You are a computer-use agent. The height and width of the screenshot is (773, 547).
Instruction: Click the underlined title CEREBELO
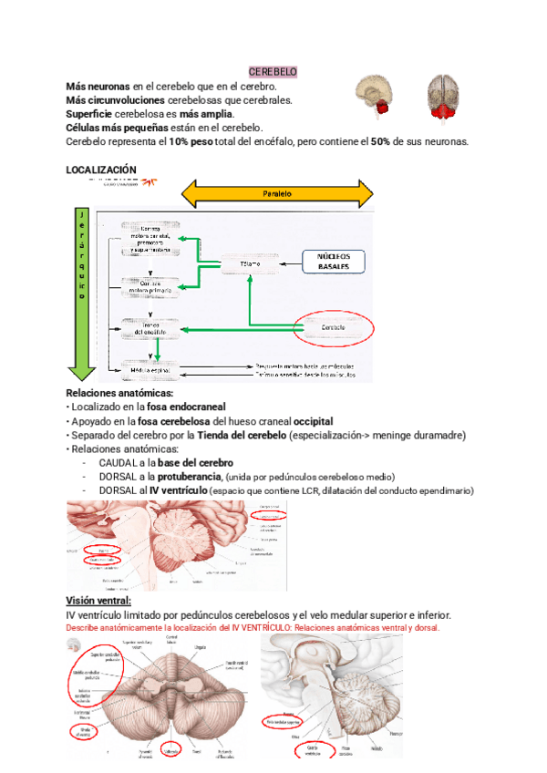(x=273, y=72)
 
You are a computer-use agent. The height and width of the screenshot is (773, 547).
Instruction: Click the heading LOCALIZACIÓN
(x=101, y=170)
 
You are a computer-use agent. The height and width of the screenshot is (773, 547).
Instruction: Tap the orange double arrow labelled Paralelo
(x=277, y=194)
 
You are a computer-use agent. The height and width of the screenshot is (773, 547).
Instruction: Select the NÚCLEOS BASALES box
(x=333, y=263)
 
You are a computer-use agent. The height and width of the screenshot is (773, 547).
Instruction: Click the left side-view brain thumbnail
(x=375, y=96)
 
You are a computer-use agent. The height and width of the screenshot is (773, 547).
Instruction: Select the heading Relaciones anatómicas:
(x=119, y=393)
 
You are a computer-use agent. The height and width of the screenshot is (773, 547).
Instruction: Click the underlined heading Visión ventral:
(x=98, y=601)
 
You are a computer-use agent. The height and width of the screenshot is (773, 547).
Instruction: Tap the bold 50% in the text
(x=381, y=141)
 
